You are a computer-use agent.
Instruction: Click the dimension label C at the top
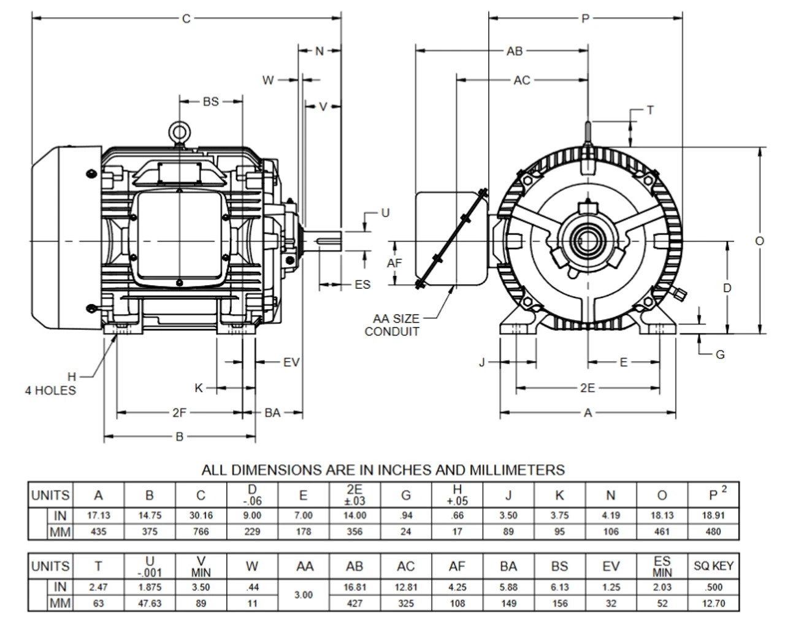pos(186,18)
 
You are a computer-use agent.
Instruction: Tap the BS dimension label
pos(210,101)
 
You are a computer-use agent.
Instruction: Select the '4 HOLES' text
pos(50,391)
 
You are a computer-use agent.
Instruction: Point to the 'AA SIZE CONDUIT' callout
pos(396,325)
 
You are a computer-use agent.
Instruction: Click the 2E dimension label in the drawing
pos(587,388)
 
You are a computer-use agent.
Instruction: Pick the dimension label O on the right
pos(760,241)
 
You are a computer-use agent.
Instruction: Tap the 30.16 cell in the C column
pos(201,516)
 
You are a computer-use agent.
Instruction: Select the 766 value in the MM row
pos(201,532)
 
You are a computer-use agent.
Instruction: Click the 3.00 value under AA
pos(304,595)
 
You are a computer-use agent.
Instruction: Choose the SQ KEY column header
pos(713,566)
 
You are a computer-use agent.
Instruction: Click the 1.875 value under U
pos(150,587)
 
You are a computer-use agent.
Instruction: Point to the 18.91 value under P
pos(713,516)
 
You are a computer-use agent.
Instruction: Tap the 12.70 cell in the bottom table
pos(713,603)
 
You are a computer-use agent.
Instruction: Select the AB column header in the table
pos(354,566)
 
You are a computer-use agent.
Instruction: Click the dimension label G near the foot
pos(720,354)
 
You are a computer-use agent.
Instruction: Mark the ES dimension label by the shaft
pos(362,285)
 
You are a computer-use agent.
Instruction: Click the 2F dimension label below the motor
pos(179,413)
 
